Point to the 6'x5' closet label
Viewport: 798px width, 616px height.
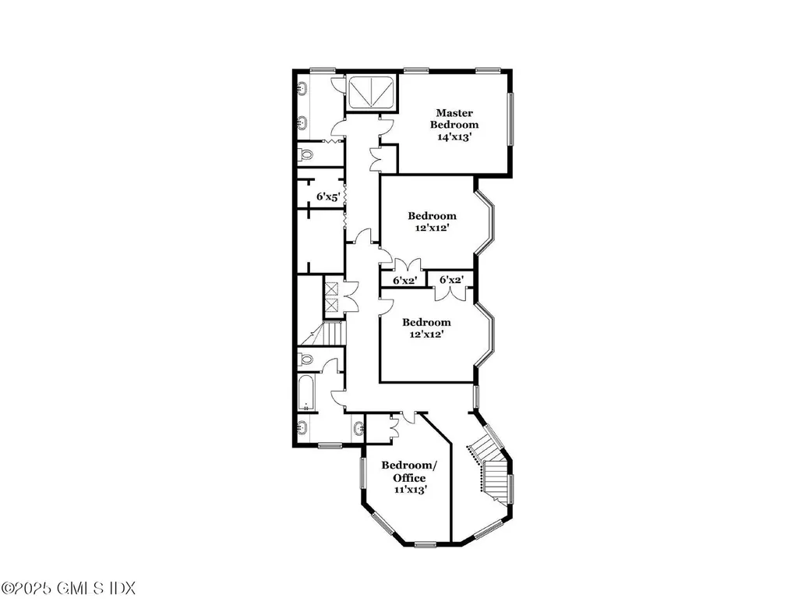[x=328, y=198]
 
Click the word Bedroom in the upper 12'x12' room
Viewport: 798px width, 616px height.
[x=432, y=216]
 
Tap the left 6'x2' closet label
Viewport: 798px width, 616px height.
[x=404, y=280]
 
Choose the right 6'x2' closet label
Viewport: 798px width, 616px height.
[x=452, y=280]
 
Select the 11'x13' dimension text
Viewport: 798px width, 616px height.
[x=409, y=490]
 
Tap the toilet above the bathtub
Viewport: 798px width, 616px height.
[x=306, y=360]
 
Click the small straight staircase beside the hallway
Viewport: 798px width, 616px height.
[x=333, y=334]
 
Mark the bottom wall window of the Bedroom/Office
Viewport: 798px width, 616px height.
[x=425, y=543]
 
